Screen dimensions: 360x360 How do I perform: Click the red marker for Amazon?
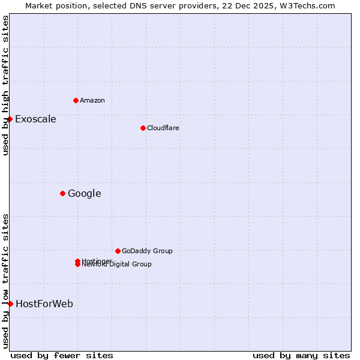click(76, 100)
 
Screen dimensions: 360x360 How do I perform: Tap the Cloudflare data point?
click(143, 128)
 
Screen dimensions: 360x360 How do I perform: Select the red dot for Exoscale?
click(10, 119)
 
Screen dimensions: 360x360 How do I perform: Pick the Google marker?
click(62, 193)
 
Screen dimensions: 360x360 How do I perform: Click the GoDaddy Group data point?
click(118, 251)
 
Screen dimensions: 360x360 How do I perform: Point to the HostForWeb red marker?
click(10, 304)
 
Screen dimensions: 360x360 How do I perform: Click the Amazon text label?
click(92, 100)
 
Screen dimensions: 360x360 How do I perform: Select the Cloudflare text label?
click(163, 128)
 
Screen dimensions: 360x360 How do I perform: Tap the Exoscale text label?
click(35, 119)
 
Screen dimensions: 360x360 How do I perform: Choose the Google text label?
click(84, 193)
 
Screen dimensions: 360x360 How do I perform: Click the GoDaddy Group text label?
click(147, 251)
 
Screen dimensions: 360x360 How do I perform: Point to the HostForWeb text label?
click(44, 304)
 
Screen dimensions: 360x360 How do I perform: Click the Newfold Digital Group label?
click(117, 265)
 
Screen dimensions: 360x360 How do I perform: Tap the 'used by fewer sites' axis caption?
click(62, 355)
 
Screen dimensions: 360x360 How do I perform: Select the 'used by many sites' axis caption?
click(301, 355)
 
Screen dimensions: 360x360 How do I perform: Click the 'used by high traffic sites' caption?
click(5, 85)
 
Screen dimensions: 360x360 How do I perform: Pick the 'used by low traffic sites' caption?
click(5, 280)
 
